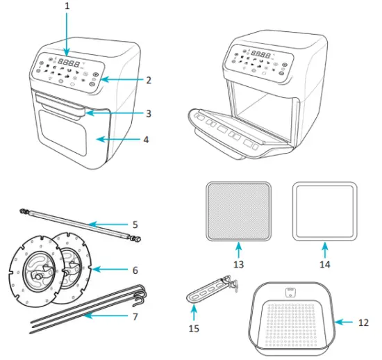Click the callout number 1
[67, 6]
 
